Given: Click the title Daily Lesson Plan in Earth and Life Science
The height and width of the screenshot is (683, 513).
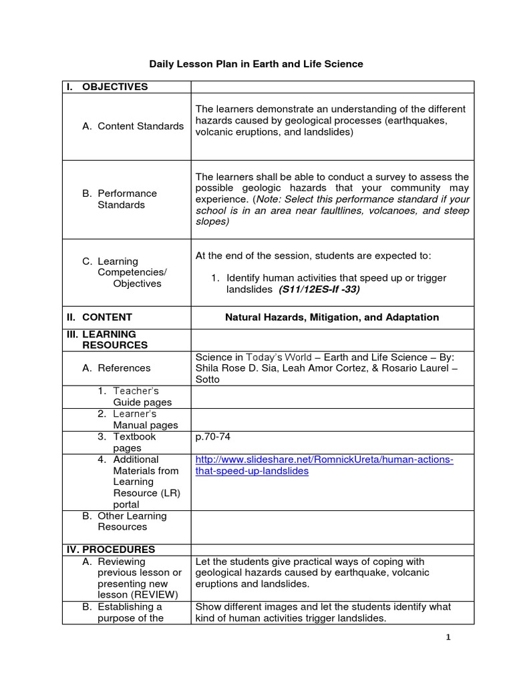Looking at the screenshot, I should pos(256,64).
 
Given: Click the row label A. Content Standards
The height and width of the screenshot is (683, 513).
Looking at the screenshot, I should pos(133,126).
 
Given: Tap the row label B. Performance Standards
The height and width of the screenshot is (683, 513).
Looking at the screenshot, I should pos(120,199).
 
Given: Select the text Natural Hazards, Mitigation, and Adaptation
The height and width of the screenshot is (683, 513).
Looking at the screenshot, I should pos(332,317).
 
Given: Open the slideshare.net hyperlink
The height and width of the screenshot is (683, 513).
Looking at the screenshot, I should pos(324,466).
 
